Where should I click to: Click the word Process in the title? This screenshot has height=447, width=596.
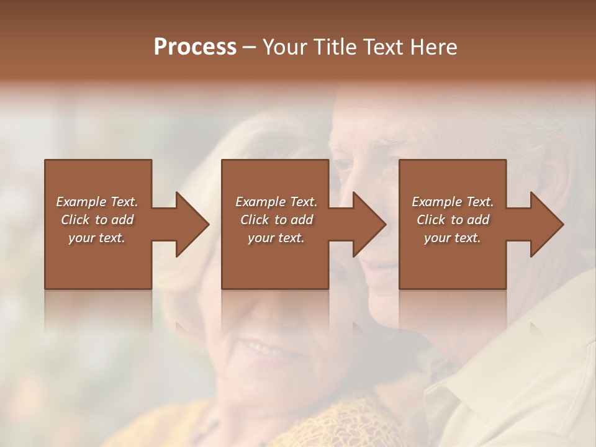point(195,47)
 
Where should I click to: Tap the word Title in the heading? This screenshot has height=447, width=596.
point(335,47)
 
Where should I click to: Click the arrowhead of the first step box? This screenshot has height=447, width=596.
point(190,224)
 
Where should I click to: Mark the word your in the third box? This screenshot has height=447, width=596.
point(438,238)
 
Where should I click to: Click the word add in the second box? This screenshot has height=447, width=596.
point(302,220)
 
